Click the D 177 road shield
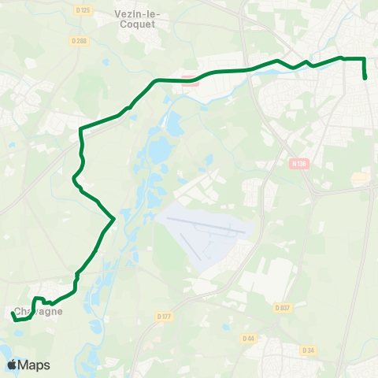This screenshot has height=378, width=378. tap(164, 317)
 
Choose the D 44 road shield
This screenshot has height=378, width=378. tap(249, 338)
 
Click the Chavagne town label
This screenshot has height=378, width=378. tap(38, 311)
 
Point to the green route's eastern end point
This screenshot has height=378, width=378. tap(366, 78)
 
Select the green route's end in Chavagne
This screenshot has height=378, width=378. tap(12, 313)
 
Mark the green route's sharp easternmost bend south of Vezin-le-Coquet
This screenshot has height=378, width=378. tap(114, 217)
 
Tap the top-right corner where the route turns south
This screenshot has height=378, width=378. tap(365, 59)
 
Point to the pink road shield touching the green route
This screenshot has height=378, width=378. tap(188, 77)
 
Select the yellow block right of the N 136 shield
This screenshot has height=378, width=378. tap(360, 179)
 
